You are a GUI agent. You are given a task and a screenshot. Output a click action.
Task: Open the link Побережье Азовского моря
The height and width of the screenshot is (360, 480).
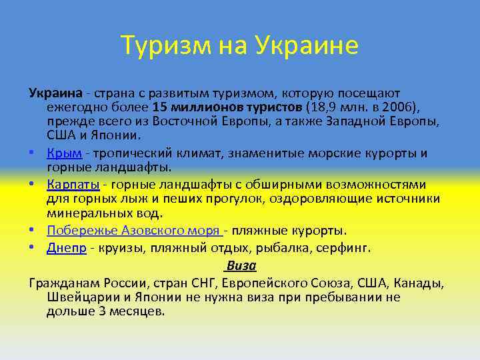(x=133, y=231)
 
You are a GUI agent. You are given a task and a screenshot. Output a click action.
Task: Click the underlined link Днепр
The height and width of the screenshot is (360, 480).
(x=67, y=247)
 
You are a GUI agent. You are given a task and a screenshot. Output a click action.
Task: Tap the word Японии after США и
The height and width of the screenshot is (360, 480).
(x=117, y=136)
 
